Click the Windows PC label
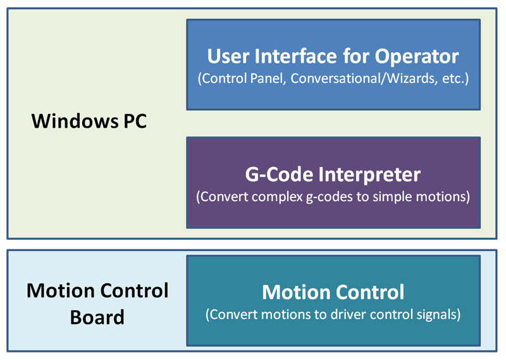point(89,121)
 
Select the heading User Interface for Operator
point(333,56)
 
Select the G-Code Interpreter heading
point(333,173)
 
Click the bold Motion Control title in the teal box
point(333,292)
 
